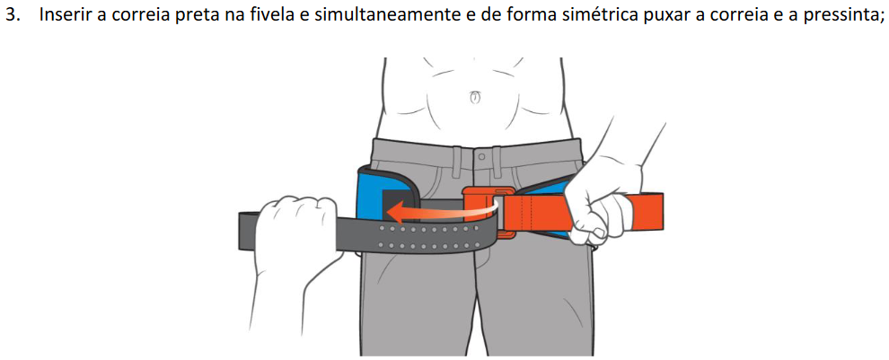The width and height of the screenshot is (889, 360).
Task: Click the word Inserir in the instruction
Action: point(64,15)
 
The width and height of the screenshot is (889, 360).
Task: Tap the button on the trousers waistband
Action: point(480,155)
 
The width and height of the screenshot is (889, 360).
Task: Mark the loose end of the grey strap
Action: point(248,231)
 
